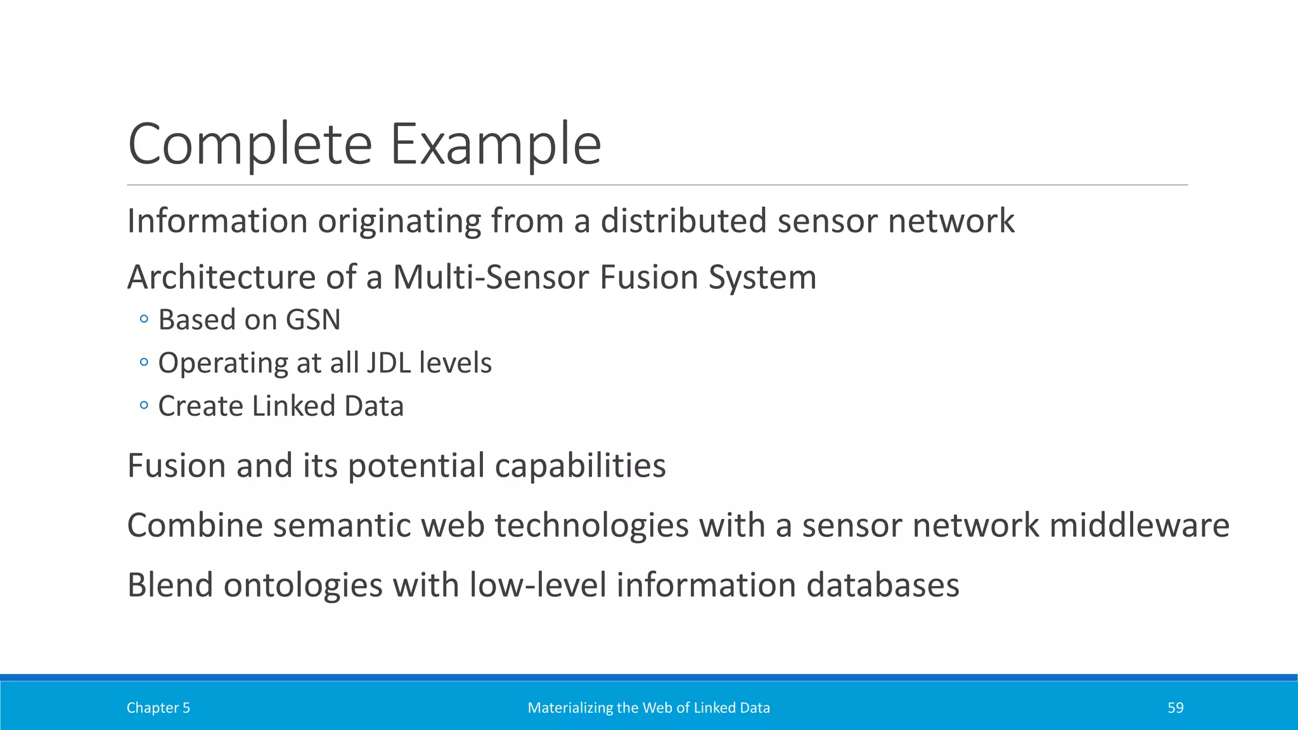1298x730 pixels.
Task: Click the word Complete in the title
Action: (250, 144)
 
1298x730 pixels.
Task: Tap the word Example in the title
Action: (495, 144)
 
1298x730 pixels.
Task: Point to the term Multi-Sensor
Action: (491, 278)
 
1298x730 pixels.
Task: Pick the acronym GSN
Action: (313, 319)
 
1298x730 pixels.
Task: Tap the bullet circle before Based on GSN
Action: (144, 319)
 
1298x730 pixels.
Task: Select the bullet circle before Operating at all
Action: (144, 362)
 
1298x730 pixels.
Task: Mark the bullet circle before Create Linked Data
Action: (144, 406)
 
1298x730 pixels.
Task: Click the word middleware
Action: (1139, 525)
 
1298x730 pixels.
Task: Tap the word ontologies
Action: (303, 585)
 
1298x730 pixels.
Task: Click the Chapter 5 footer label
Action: (158, 708)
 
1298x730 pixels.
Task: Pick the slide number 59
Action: (1175, 708)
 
